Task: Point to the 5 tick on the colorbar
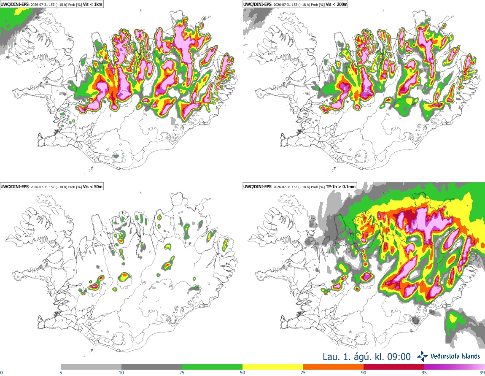click(61, 373)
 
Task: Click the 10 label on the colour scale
click(121, 373)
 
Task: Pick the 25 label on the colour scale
click(182, 373)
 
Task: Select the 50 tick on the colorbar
click(242, 373)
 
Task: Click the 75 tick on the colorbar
click(303, 373)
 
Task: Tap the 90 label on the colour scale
click(364, 373)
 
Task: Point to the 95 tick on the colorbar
click(424, 373)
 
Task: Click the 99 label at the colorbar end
click(482, 373)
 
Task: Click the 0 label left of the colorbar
click(2, 373)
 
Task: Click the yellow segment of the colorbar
click(273, 367)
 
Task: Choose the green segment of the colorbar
click(212, 367)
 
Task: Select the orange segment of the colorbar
click(334, 367)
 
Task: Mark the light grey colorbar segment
click(91, 367)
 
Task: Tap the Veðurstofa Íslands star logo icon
click(422, 357)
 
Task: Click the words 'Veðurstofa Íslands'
click(455, 356)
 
